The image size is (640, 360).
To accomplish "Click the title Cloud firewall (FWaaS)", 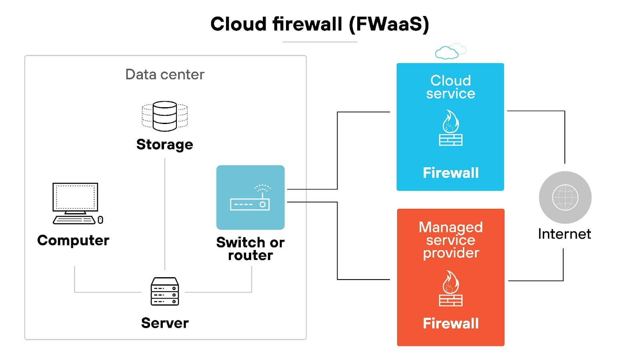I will (319, 24).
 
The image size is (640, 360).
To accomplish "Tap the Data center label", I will (165, 74).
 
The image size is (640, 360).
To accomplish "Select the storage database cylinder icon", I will (165, 116).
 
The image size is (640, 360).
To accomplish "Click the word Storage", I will (164, 144).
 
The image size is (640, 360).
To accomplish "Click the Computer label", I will (73, 240).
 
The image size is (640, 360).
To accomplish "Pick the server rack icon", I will (165, 292).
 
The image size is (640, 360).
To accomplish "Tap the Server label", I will (165, 323).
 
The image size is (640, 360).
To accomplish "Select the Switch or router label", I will (250, 248).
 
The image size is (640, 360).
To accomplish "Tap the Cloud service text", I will (450, 87).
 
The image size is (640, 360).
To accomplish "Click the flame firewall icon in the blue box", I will (450, 128).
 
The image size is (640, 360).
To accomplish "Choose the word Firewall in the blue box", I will (450, 173).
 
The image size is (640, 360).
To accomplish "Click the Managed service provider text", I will (450, 240).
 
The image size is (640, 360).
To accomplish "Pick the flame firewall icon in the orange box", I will (450, 288).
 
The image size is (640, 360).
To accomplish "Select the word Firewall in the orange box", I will (450, 323).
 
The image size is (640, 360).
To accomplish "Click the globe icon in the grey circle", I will (565, 197).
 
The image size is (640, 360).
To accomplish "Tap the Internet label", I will (564, 234).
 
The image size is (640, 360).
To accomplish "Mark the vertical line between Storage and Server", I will (165, 214).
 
